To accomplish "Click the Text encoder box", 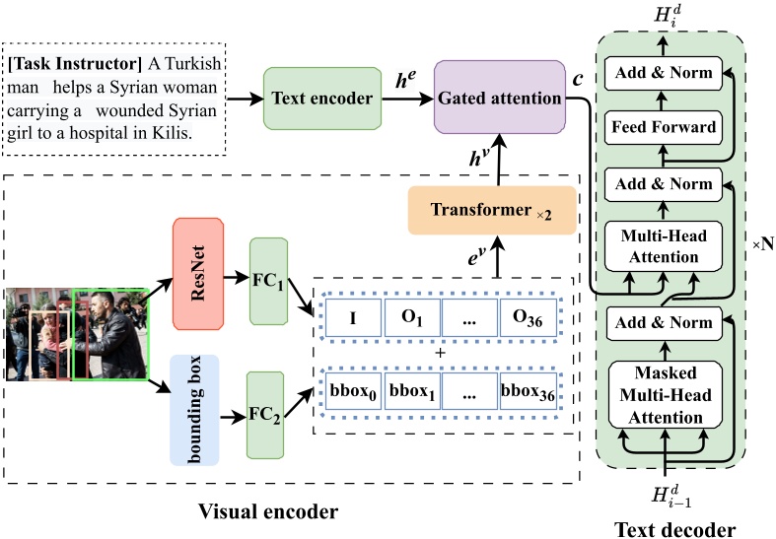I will coord(322,99).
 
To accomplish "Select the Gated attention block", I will coord(499,99).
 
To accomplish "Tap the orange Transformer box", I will coord(491,211).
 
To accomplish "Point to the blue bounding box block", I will coord(200,409).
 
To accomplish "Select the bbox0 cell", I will coord(351,390).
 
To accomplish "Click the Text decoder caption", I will coord(673,529).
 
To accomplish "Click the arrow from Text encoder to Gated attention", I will coord(407,99).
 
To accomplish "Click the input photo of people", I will coord(77,333).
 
